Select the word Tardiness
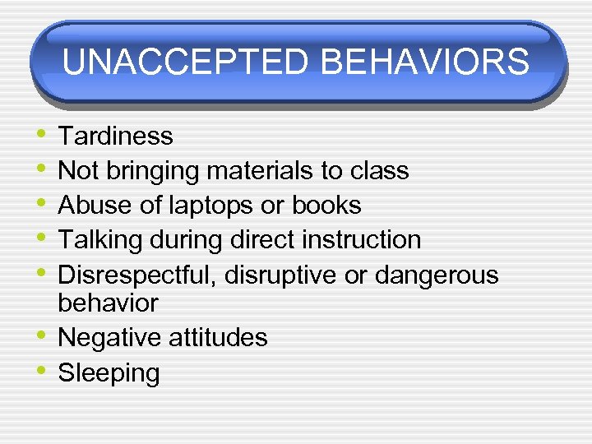(115, 136)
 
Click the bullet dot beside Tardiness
(43, 134)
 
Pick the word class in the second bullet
(379, 170)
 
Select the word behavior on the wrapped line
(108, 303)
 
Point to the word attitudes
(220, 337)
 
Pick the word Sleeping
(109, 373)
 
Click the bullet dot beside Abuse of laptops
(43, 203)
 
